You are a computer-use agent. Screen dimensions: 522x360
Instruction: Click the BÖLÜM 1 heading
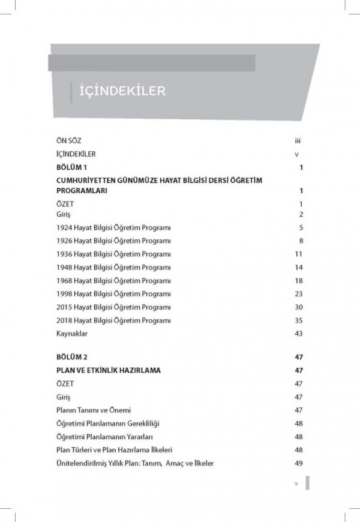[x=71, y=167]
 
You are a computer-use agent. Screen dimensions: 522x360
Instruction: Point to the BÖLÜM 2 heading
[x=71, y=357]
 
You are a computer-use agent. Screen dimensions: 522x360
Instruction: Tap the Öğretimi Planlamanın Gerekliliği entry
[x=108, y=423]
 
